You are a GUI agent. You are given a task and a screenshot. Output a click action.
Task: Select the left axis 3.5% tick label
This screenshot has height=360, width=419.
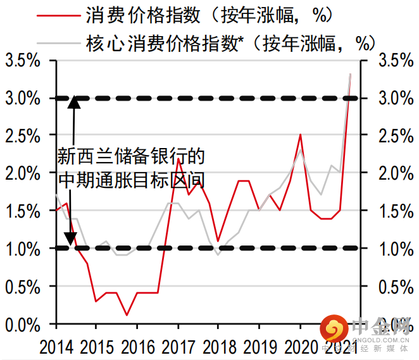23,61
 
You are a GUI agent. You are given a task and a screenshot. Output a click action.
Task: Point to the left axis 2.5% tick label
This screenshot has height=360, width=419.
23,136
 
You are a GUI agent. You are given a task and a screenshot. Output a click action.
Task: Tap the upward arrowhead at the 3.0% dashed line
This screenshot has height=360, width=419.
74,102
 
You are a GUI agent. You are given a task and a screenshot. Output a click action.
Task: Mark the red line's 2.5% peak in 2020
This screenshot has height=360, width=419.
301,135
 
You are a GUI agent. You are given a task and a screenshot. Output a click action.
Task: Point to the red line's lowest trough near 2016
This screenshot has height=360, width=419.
127,315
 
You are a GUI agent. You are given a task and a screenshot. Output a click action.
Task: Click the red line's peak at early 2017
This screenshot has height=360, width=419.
178,158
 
